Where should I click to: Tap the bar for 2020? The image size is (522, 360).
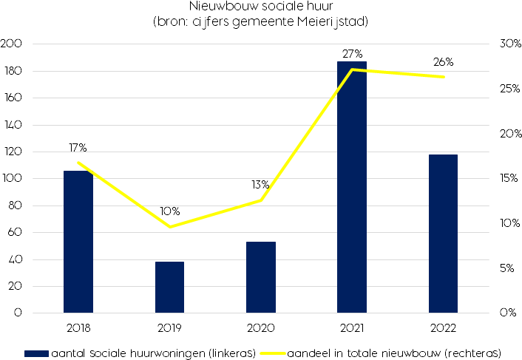(x=261, y=277)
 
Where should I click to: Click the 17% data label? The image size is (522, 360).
(x=78, y=148)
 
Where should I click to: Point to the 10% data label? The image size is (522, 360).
(x=169, y=211)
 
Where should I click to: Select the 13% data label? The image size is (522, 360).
(x=260, y=185)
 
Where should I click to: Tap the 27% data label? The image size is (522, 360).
(x=352, y=54)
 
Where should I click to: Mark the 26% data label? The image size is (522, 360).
(x=444, y=62)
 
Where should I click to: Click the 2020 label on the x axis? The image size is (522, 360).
(x=261, y=327)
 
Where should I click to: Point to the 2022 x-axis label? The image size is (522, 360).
(x=444, y=327)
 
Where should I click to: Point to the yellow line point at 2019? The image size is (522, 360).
(x=169, y=227)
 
